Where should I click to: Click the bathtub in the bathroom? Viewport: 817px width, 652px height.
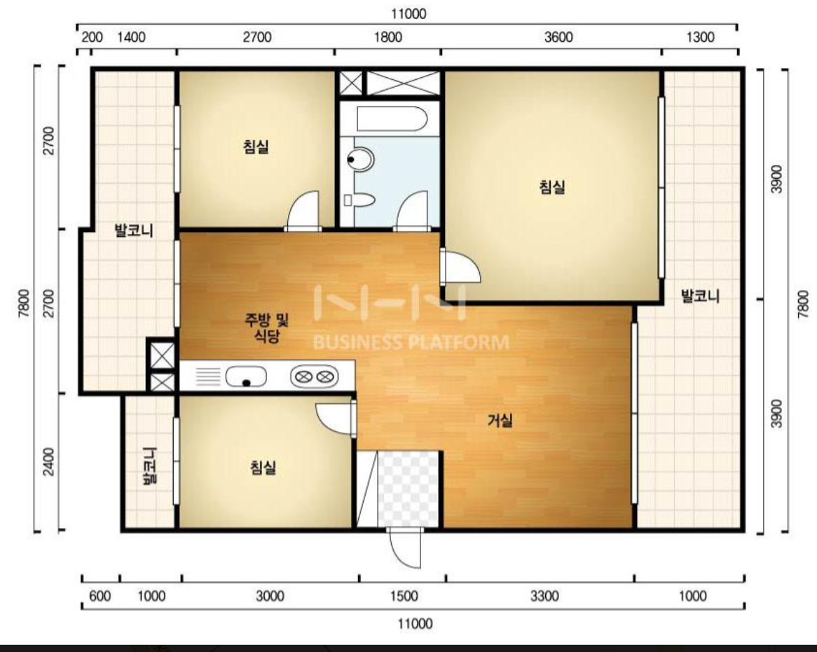[392, 118]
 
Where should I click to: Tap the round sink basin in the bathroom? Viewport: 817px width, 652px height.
[360, 159]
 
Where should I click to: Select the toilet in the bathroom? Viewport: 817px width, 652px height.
[359, 200]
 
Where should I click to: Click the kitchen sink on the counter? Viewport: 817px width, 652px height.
[245, 376]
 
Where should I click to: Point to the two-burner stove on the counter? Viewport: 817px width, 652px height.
[314, 376]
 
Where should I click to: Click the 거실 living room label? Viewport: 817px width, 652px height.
[500, 420]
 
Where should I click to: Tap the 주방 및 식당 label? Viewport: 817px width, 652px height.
[267, 327]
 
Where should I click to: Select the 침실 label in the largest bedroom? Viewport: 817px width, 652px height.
[551, 186]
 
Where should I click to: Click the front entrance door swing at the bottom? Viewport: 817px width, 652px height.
[405, 548]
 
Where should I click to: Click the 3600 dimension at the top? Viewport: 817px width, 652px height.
[558, 37]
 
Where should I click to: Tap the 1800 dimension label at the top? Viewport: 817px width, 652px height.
[388, 37]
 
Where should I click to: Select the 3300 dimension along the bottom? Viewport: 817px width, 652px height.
[544, 596]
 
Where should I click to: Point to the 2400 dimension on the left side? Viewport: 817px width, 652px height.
[48, 462]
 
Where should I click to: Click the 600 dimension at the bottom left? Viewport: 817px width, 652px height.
[100, 596]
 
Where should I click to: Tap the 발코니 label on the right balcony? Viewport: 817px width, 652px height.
[700, 296]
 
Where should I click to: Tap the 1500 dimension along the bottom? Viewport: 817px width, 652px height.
[404, 596]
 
